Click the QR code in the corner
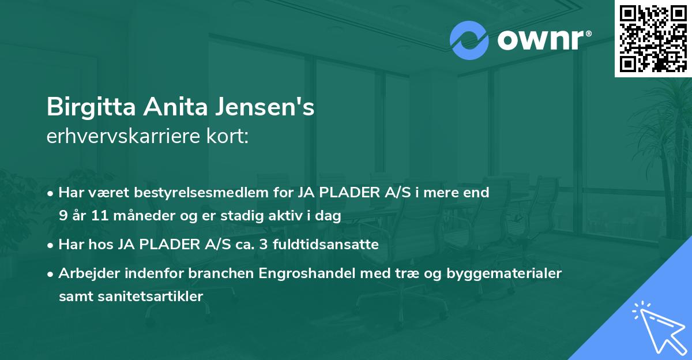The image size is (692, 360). (653, 38)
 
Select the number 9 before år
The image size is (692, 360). (62, 216)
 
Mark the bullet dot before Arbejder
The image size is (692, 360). (51, 274)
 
